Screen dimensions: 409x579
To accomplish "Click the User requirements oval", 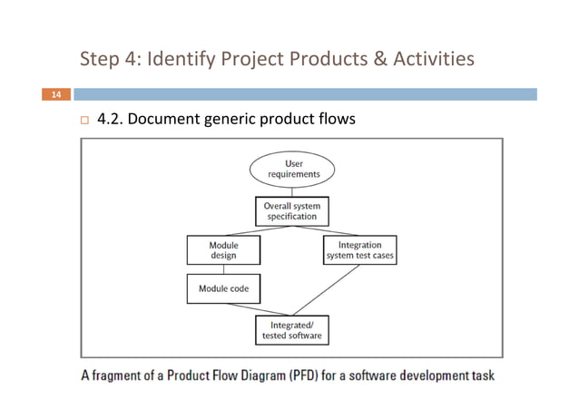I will point(292,169).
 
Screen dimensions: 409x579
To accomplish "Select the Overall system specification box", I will point(291,211).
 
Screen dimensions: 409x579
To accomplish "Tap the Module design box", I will point(223,249).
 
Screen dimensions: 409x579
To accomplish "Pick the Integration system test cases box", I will point(360,249).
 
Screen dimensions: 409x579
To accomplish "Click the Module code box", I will point(223,288).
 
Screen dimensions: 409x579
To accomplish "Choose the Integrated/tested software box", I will point(291,329).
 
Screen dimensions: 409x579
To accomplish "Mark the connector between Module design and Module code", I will point(223,268).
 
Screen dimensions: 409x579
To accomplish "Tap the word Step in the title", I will point(100,61).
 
